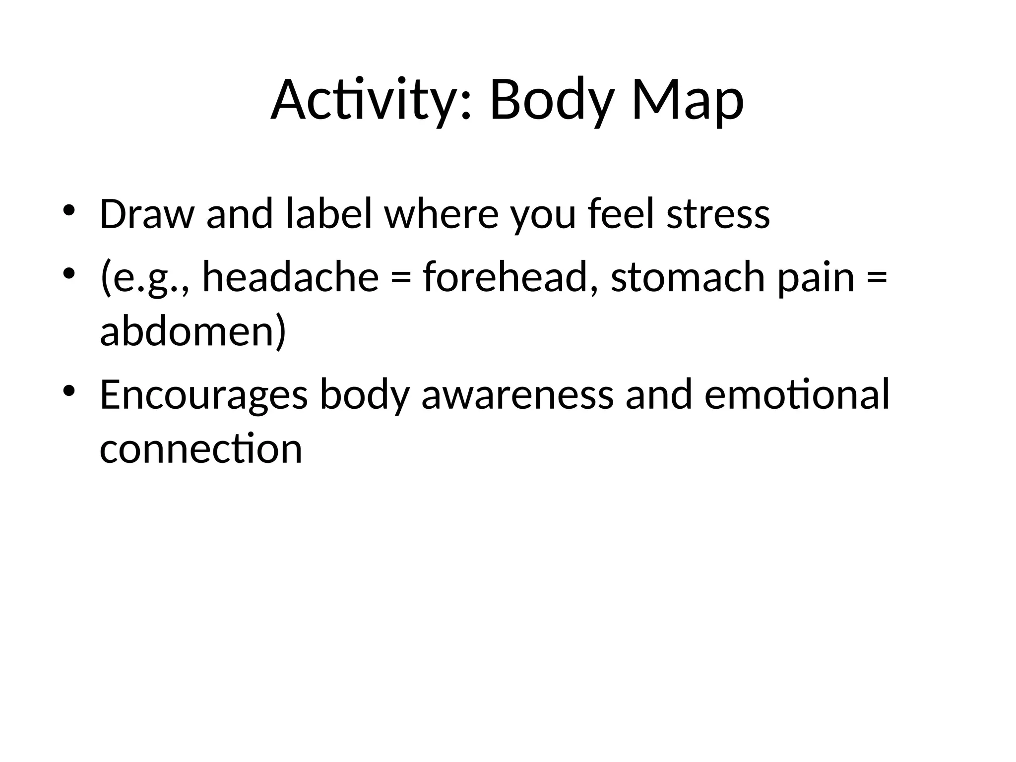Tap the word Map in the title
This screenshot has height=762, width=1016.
click(688, 101)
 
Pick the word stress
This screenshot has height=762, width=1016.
click(718, 214)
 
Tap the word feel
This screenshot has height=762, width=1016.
click(621, 214)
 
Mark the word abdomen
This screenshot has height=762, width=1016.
click(192, 331)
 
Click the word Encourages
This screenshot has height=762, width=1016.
click(203, 394)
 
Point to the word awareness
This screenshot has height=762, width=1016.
click(517, 394)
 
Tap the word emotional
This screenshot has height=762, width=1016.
click(797, 394)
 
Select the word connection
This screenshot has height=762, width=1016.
click(201, 448)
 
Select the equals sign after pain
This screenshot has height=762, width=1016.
click(877, 278)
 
